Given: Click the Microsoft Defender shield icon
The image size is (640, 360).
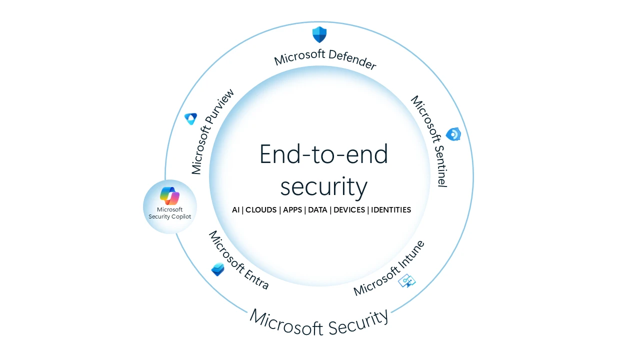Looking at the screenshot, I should point(319,34).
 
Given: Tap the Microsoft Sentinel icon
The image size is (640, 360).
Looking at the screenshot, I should point(453,134).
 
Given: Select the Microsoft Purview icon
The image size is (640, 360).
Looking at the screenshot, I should point(190,118).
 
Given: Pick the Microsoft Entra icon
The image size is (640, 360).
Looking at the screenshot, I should point(217,269).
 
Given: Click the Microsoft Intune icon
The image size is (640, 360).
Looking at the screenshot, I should point(406,281).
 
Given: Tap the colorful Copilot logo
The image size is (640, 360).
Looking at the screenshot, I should point(170,195).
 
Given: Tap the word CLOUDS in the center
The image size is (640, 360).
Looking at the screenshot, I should point(261,210).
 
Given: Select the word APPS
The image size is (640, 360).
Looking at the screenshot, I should point(292,210).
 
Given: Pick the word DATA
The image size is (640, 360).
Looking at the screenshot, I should point(317,210).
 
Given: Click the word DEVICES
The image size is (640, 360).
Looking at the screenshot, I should point(349,210).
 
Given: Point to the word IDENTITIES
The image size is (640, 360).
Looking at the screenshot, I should point(391,210).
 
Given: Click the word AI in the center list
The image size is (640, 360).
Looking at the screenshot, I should point(236,210).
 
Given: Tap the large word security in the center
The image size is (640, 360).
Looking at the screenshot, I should point(323,186).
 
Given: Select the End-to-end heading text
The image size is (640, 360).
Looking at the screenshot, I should point(323,154).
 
